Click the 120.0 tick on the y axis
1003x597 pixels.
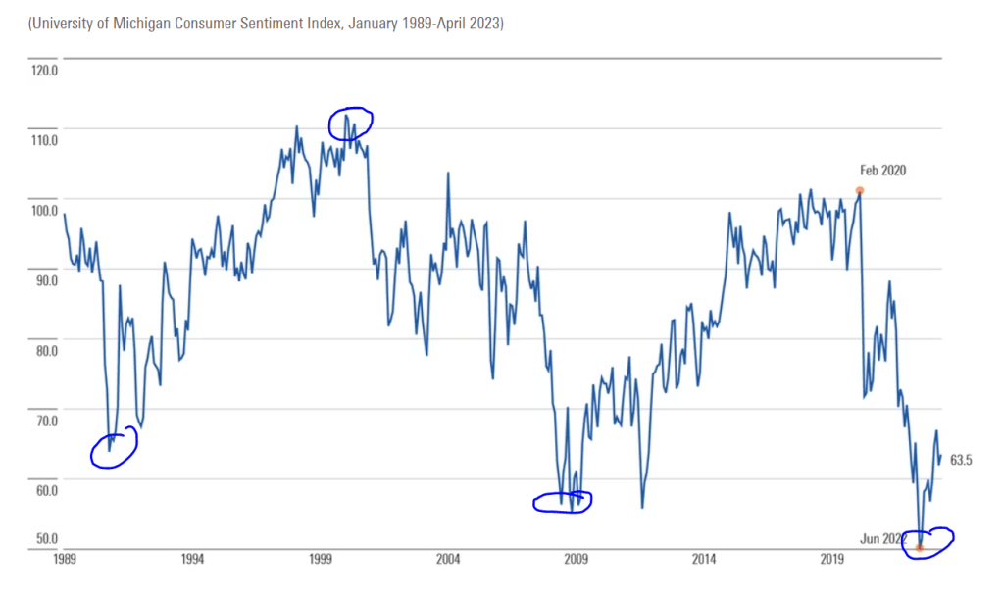pos(45,71)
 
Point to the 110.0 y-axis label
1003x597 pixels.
pos(45,140)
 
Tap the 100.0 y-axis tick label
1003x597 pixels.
pos(45,211)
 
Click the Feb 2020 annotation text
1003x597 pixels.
pos(882,171)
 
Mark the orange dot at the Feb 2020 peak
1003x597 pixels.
pos(860,191)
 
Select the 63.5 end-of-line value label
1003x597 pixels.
pos(961,460)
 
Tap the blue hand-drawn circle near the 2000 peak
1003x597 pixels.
pos(350,122)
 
